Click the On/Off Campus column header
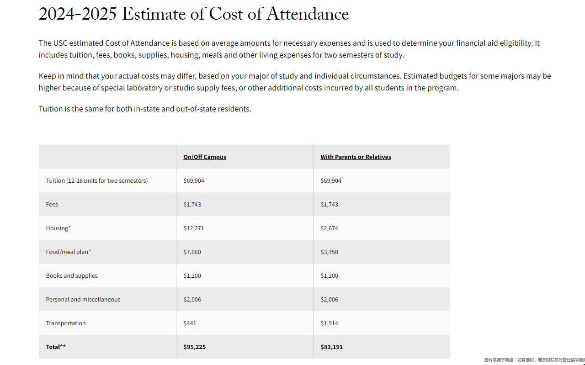click(x=205, y=157)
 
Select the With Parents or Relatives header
click(x=356, y=157)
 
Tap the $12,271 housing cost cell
click(x=194, y=228)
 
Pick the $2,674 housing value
click(x=329, y=228)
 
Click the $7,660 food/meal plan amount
click(x=192, y=252)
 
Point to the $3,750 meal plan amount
click(x=329, y=252)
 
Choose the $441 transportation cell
click(x=190, y=323)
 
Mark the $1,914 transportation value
click(x=329, y=323)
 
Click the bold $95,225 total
click(x=194, y=347)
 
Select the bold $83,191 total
click(x=331, y=347)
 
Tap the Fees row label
click(x=52, y=204)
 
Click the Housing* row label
click(x=58, y=228)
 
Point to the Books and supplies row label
click(x=72, y=275)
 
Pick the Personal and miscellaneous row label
click(x=83, y=299)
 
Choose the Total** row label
click(x=56, y=347)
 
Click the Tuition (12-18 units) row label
click(x=97, y=180)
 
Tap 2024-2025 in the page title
click(x=78, y=14)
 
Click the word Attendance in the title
click(x=308, y=14)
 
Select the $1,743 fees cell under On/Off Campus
click(x=192, y=204)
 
